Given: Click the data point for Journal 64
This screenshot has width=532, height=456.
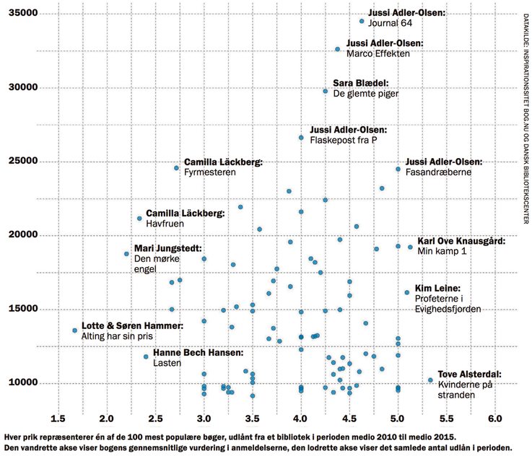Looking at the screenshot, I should [362, 22].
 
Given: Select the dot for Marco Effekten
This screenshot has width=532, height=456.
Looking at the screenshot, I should [337, 49].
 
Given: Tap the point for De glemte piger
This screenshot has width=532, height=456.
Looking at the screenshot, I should [326, 91].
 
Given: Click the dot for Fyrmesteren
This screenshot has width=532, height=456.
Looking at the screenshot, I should [176, 168].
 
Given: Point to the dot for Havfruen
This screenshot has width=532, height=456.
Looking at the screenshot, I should [140, 219].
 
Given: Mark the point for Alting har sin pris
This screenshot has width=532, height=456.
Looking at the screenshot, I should [74, 330].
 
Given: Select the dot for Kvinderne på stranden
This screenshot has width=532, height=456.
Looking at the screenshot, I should [430, 380].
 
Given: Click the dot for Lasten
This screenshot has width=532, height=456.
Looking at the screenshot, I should [146, 356].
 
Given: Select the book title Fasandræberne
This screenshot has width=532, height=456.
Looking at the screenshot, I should [439, 172].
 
